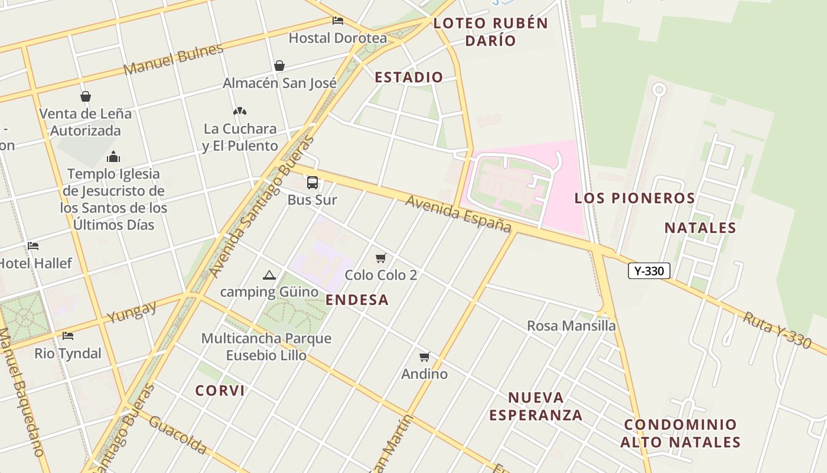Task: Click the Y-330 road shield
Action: (649, 271)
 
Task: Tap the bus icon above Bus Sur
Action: (312, 183)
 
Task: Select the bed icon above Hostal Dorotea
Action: (338, 21)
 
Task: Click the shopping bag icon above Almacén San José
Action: (279, 66)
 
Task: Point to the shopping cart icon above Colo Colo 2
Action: (381, 258)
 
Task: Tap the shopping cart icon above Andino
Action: (424, 357)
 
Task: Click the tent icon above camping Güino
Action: (269, 275)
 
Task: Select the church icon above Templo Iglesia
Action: (113, 157)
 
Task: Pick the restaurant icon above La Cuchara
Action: (239, 111)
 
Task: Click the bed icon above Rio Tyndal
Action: (68, 336)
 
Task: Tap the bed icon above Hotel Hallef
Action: (33, 246)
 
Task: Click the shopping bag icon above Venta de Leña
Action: (86, 96)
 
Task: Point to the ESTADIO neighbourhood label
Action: (409, 77)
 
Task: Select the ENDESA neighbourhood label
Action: (357, 300)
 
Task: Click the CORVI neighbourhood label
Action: (220, 391)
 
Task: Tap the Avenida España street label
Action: (458, 214)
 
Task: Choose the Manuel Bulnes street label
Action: (174, 59)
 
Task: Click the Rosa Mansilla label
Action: (571, 326)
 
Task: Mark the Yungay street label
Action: (132, 312)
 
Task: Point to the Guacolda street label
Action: (178, 435)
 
